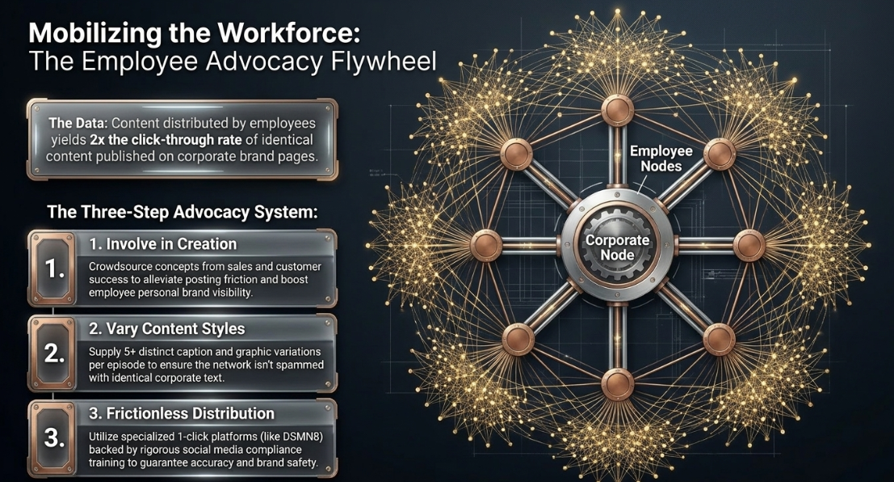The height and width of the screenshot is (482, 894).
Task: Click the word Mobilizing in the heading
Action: point(94,33)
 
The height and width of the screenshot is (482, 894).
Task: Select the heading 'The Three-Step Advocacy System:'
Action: point(183,213)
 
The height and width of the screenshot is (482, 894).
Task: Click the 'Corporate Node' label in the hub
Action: point(618,247)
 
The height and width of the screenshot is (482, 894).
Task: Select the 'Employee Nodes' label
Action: point(661,159)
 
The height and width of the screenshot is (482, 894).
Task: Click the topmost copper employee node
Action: point(618,110)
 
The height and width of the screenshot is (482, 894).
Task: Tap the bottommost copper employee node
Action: point(618,384)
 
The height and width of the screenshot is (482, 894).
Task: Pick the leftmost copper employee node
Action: point(486,246)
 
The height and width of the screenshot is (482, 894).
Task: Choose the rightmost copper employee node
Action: point(749,246)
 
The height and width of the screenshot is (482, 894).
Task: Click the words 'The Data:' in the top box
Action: point(78,124)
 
